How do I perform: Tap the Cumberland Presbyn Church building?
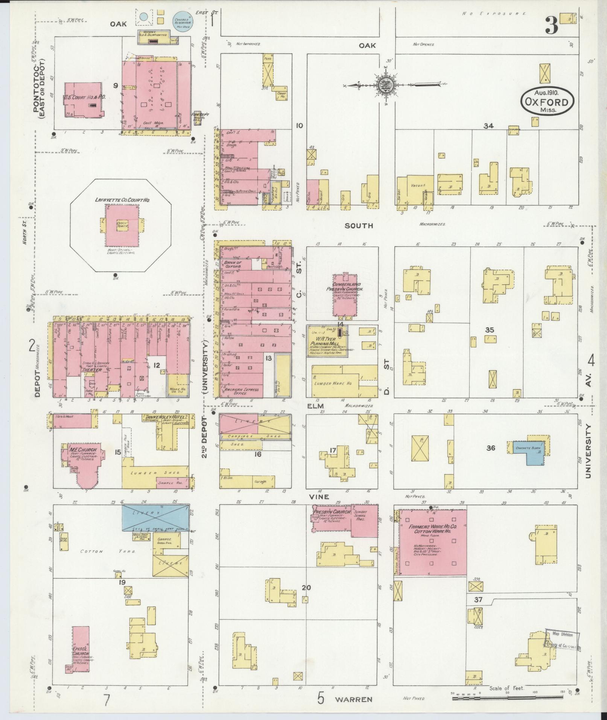344,297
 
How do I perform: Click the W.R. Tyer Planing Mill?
327,341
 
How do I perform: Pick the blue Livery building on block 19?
155,518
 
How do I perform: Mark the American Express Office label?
241,391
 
